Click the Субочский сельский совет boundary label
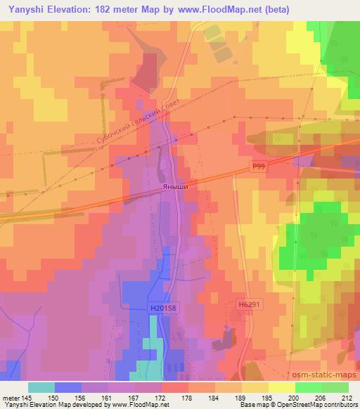coord(134,123)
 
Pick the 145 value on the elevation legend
coord(26,398)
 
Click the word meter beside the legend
coord(9,398)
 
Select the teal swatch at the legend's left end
coord(41,387)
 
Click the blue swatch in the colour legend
coord(68,387)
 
